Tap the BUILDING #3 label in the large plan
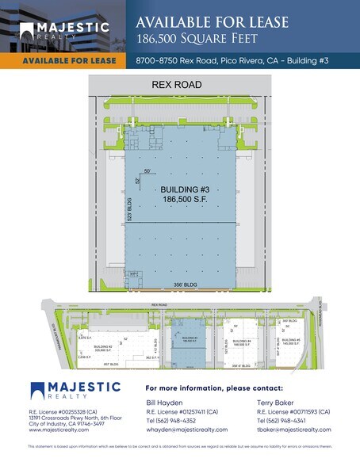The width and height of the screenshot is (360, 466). point(184,189)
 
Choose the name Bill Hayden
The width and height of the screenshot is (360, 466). point(166,403)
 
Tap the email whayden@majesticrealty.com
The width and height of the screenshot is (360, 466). point(187,430)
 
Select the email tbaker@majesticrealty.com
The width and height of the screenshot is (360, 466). point(293,430)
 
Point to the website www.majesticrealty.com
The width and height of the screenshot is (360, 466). point(56,430)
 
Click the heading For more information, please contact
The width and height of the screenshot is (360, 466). point(214,388)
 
